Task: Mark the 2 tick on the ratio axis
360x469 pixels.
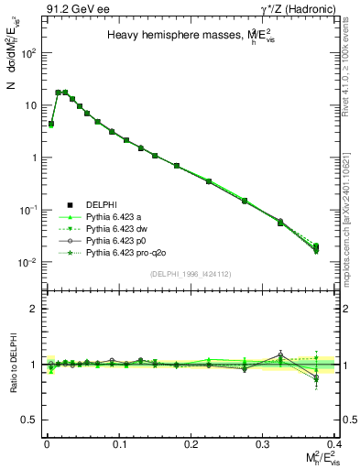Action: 37,309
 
